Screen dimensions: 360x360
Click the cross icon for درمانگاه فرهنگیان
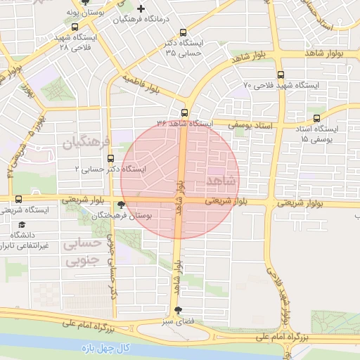tap(141, 9)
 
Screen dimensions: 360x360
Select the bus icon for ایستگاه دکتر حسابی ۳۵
tap(184, 32)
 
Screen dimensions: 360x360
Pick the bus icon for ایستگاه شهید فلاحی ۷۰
tap(281, 74)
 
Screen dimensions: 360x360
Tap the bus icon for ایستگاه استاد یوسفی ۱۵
tap(316, 118)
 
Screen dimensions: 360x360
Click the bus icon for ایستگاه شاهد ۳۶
tap(185, 112)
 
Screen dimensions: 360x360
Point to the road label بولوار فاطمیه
tap(140, 84)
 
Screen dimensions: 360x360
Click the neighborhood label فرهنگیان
tap(88, 144)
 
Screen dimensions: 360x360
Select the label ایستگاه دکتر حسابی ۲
tap(110, 169)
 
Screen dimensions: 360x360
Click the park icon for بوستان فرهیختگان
tap(122, 205)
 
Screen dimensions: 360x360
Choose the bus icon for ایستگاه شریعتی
tap(18, 199)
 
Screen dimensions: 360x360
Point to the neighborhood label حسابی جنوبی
tap(82, 253)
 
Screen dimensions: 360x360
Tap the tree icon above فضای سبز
tap(178, 310)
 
